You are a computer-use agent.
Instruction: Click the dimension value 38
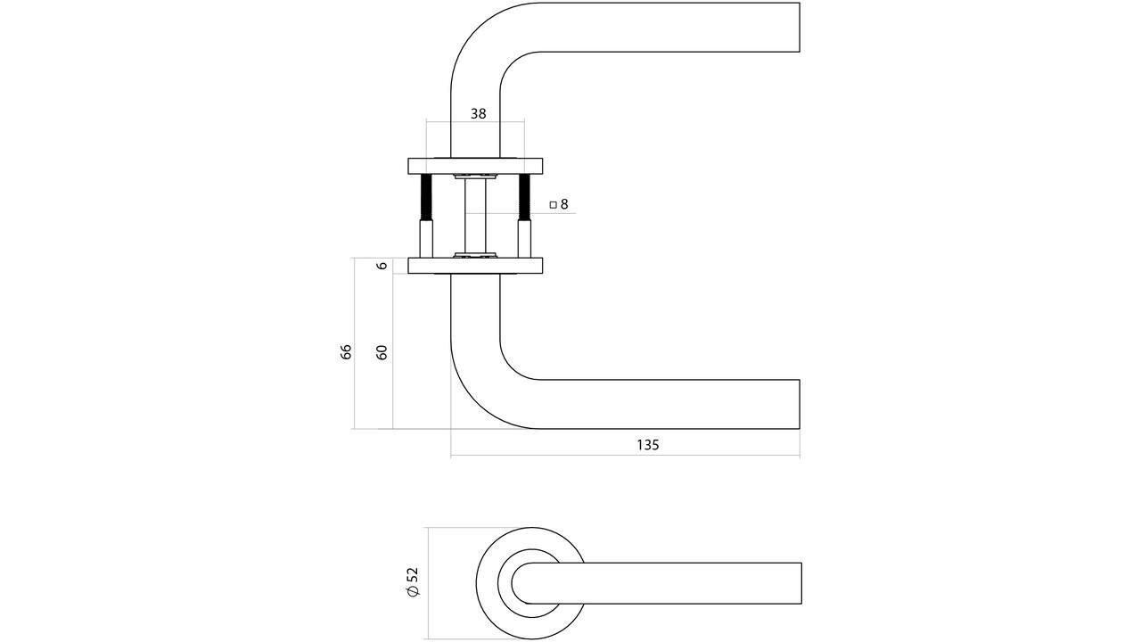coord(478,113)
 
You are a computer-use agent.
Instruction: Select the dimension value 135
coord(648,444)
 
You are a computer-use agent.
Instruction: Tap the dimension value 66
coord(347,350)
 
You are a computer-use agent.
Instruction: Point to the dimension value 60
coord(382,350)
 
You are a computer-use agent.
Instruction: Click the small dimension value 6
coord(382,266)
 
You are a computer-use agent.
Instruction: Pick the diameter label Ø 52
coord(413,582)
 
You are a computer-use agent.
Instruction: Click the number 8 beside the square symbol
coord(564,204)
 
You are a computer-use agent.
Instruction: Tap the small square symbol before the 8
coord(553,204)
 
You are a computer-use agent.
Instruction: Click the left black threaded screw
coord(426,197)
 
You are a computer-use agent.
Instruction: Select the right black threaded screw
coord(525,197)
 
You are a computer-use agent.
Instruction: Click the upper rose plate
coord(475,166)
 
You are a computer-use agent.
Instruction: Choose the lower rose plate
coord(475,266)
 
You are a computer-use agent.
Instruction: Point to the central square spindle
coord(475,214)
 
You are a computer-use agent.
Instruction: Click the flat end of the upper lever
coord(798,27)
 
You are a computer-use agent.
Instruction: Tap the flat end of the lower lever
coord(798,404)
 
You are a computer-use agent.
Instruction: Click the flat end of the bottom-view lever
coord(800,583)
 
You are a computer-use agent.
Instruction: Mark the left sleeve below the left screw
coord(426,238)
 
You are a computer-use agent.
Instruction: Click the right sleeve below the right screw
coord(525,238)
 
